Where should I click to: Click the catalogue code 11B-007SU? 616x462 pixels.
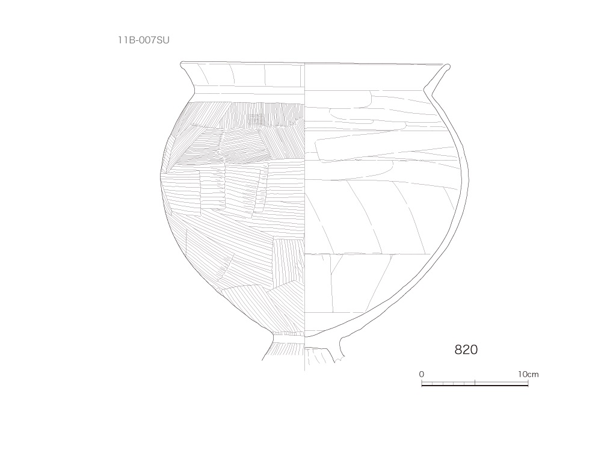144,40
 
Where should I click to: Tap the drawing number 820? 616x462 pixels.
466,350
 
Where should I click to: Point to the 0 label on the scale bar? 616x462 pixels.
422,374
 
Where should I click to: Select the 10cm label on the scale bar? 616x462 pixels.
528,374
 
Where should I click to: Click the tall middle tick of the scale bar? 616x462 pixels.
475,382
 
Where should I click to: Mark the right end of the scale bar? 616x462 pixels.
528,384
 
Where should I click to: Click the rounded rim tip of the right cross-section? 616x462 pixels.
448,66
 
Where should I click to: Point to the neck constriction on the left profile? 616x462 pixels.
195,93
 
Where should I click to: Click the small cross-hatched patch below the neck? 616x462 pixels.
256,118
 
